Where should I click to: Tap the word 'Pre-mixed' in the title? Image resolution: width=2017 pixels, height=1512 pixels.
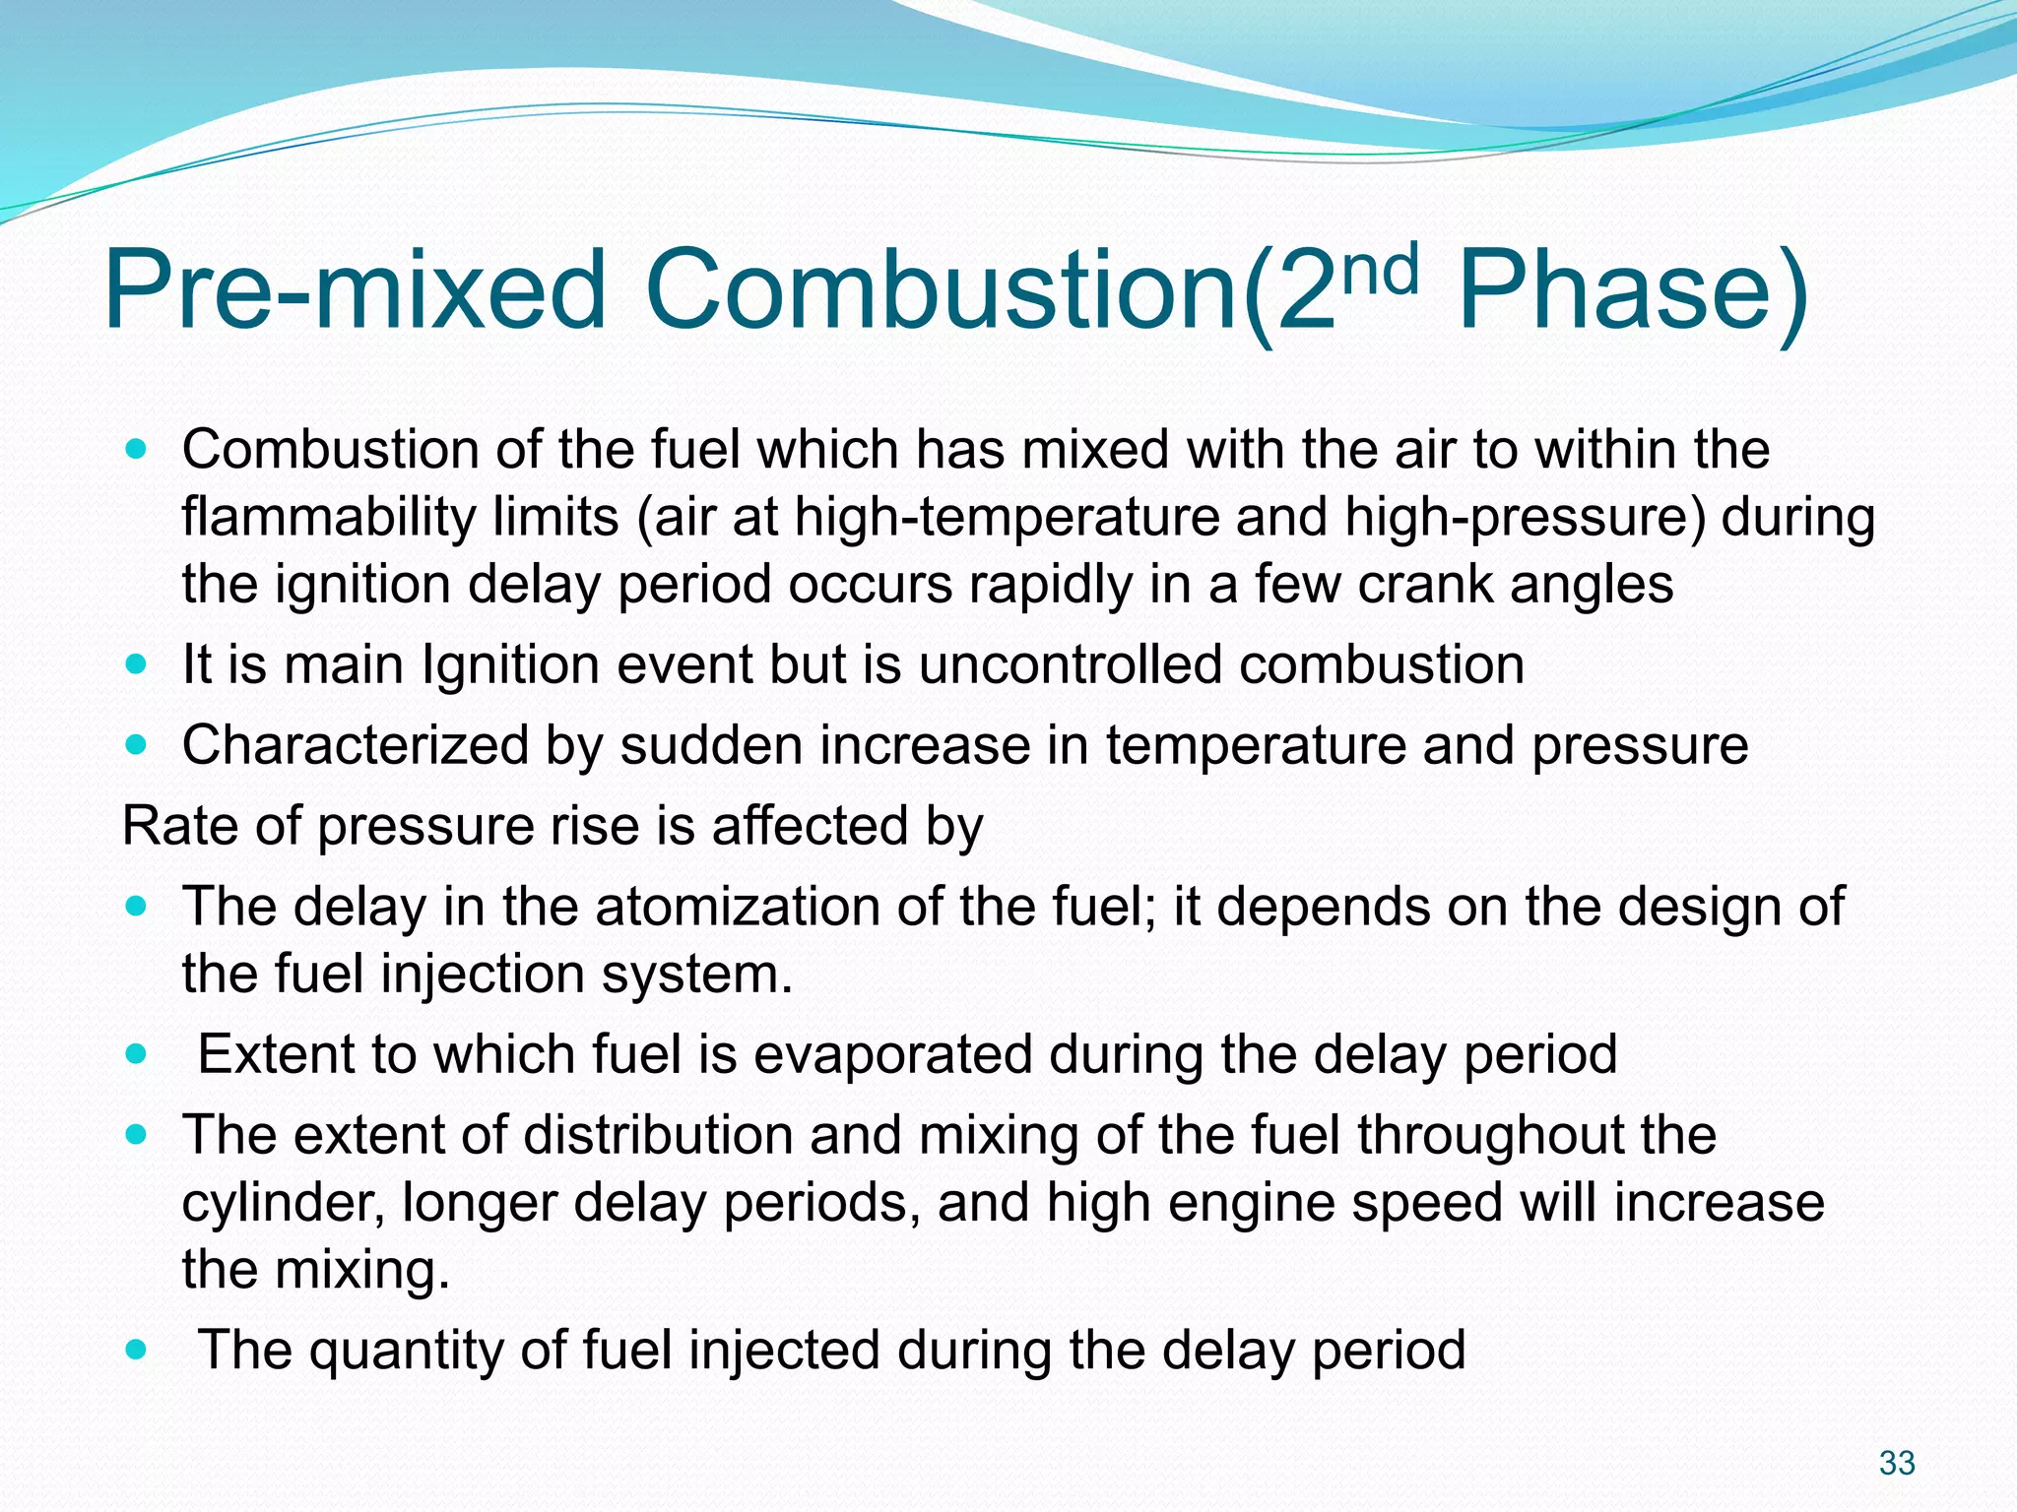click(355, 291)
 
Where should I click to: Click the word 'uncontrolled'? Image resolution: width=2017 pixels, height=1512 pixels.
click(1071, 664)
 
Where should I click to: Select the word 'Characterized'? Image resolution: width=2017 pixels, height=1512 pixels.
click(356, 745)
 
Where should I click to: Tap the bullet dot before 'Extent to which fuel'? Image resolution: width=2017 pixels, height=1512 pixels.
click(137, 1054)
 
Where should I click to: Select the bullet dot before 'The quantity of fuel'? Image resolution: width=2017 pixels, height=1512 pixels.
click(137, 1350)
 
